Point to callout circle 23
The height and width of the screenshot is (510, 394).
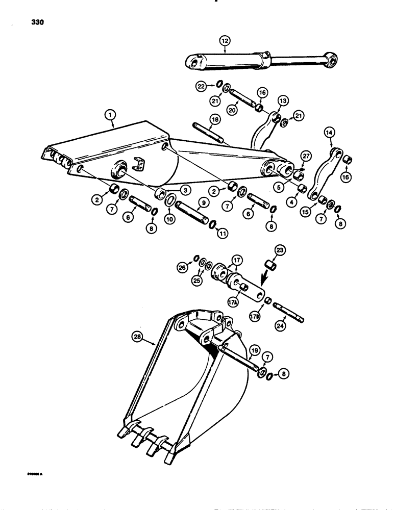280,250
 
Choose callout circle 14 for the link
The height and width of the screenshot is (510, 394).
329,134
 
